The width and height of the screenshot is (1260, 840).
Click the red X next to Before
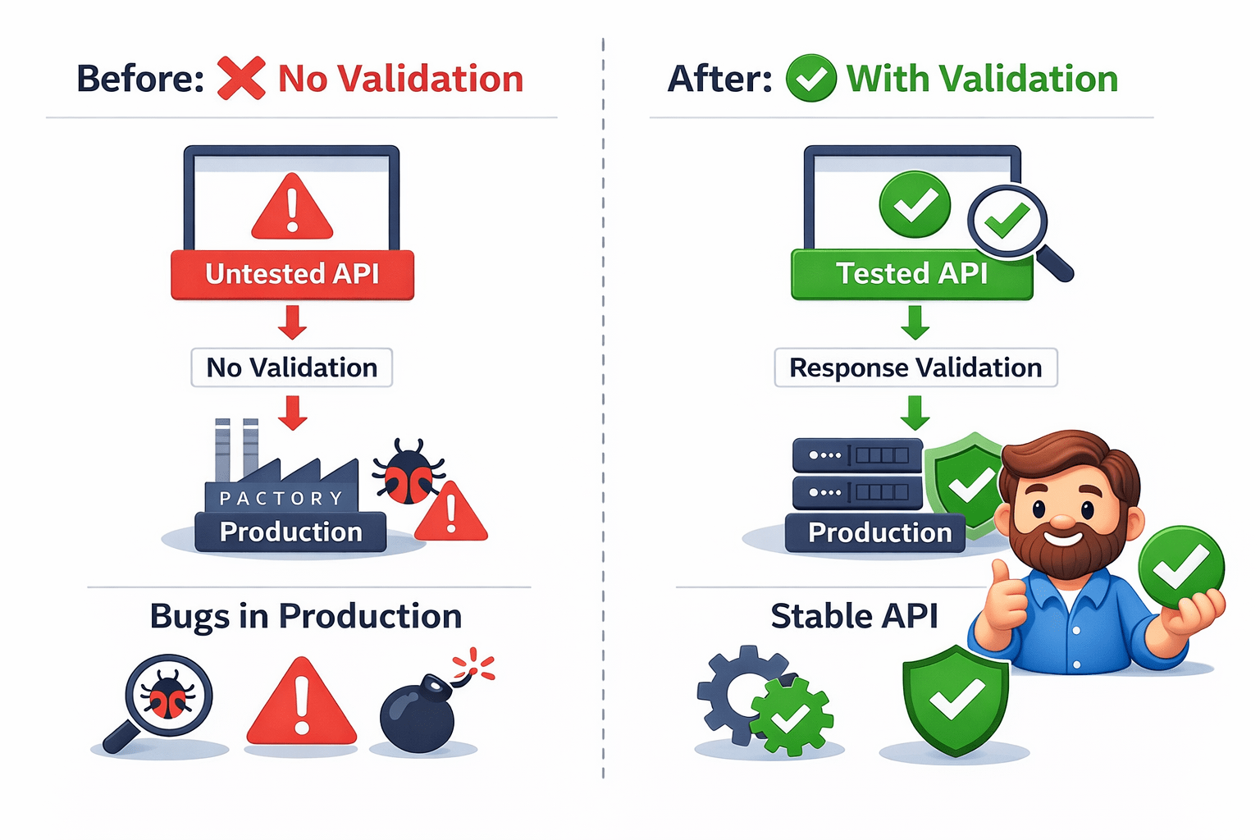[241, 79]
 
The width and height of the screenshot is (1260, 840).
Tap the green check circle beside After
[810, 79]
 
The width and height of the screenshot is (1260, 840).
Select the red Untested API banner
[292, 274]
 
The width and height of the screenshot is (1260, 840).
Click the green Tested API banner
[911, 274]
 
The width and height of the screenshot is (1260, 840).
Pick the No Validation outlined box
[292, 367]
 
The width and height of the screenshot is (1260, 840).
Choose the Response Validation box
[915, 367]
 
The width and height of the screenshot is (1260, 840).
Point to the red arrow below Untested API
[292, 322]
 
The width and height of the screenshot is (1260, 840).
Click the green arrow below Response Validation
[915, 412]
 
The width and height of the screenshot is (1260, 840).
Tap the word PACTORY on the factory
[281, 498]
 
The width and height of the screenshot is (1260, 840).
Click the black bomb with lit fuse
[418, 712]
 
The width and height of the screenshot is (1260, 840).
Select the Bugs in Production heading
[305, 616]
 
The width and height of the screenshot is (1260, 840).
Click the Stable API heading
[854, 616]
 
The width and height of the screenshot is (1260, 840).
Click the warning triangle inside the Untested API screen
[292, 208]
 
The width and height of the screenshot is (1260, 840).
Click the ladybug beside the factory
[408, 472]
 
